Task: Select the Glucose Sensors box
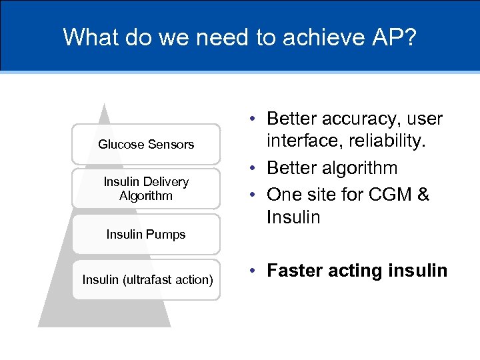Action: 146,144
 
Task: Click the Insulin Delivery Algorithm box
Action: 146,189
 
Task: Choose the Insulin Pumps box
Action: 146,234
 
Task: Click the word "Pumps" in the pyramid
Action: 167,234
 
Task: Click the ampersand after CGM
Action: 423,194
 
